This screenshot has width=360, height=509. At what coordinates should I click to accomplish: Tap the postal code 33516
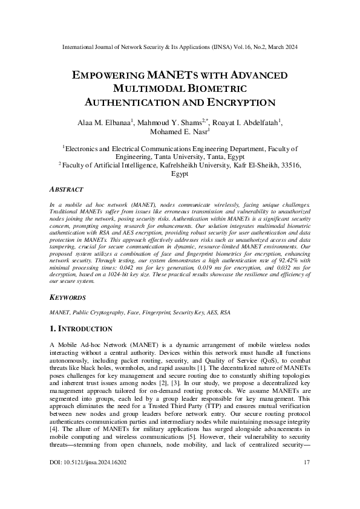pyautogui.click(x=287, y=164)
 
